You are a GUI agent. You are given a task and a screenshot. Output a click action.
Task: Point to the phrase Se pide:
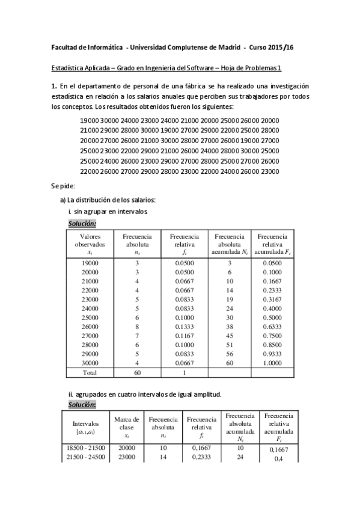[x=63, y=185]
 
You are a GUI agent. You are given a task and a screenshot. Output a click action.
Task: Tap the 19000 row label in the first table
[x=90, y=263]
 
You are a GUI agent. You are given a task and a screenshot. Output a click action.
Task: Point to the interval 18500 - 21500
[x=88, y=448]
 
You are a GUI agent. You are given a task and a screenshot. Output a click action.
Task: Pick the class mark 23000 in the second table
[x=126, y=457]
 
